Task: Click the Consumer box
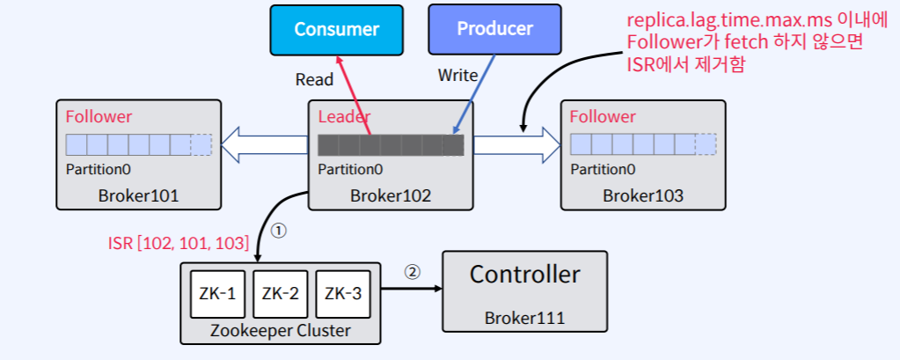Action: click(x=337, y=29)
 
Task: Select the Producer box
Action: click(x=494, y=28)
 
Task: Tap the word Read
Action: click(x=314, y=80)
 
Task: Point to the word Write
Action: click(x=457, y=76)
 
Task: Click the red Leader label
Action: click(x=344, y=116)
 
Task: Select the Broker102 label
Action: click(x=390, y=195)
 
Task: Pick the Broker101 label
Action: click(x=138, y=195)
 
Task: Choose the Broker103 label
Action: click(x=642, y=195)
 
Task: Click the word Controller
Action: click(x=524, y=275)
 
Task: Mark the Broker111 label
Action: click(x=524, y=318)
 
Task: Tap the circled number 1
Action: click(x=277, y=231)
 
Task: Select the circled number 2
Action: click(x=412, y=271)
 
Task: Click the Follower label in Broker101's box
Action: click(x=99, y=116)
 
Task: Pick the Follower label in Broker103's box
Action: click(x=603, y=116)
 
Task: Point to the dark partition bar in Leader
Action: click(x=390, y=144)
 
